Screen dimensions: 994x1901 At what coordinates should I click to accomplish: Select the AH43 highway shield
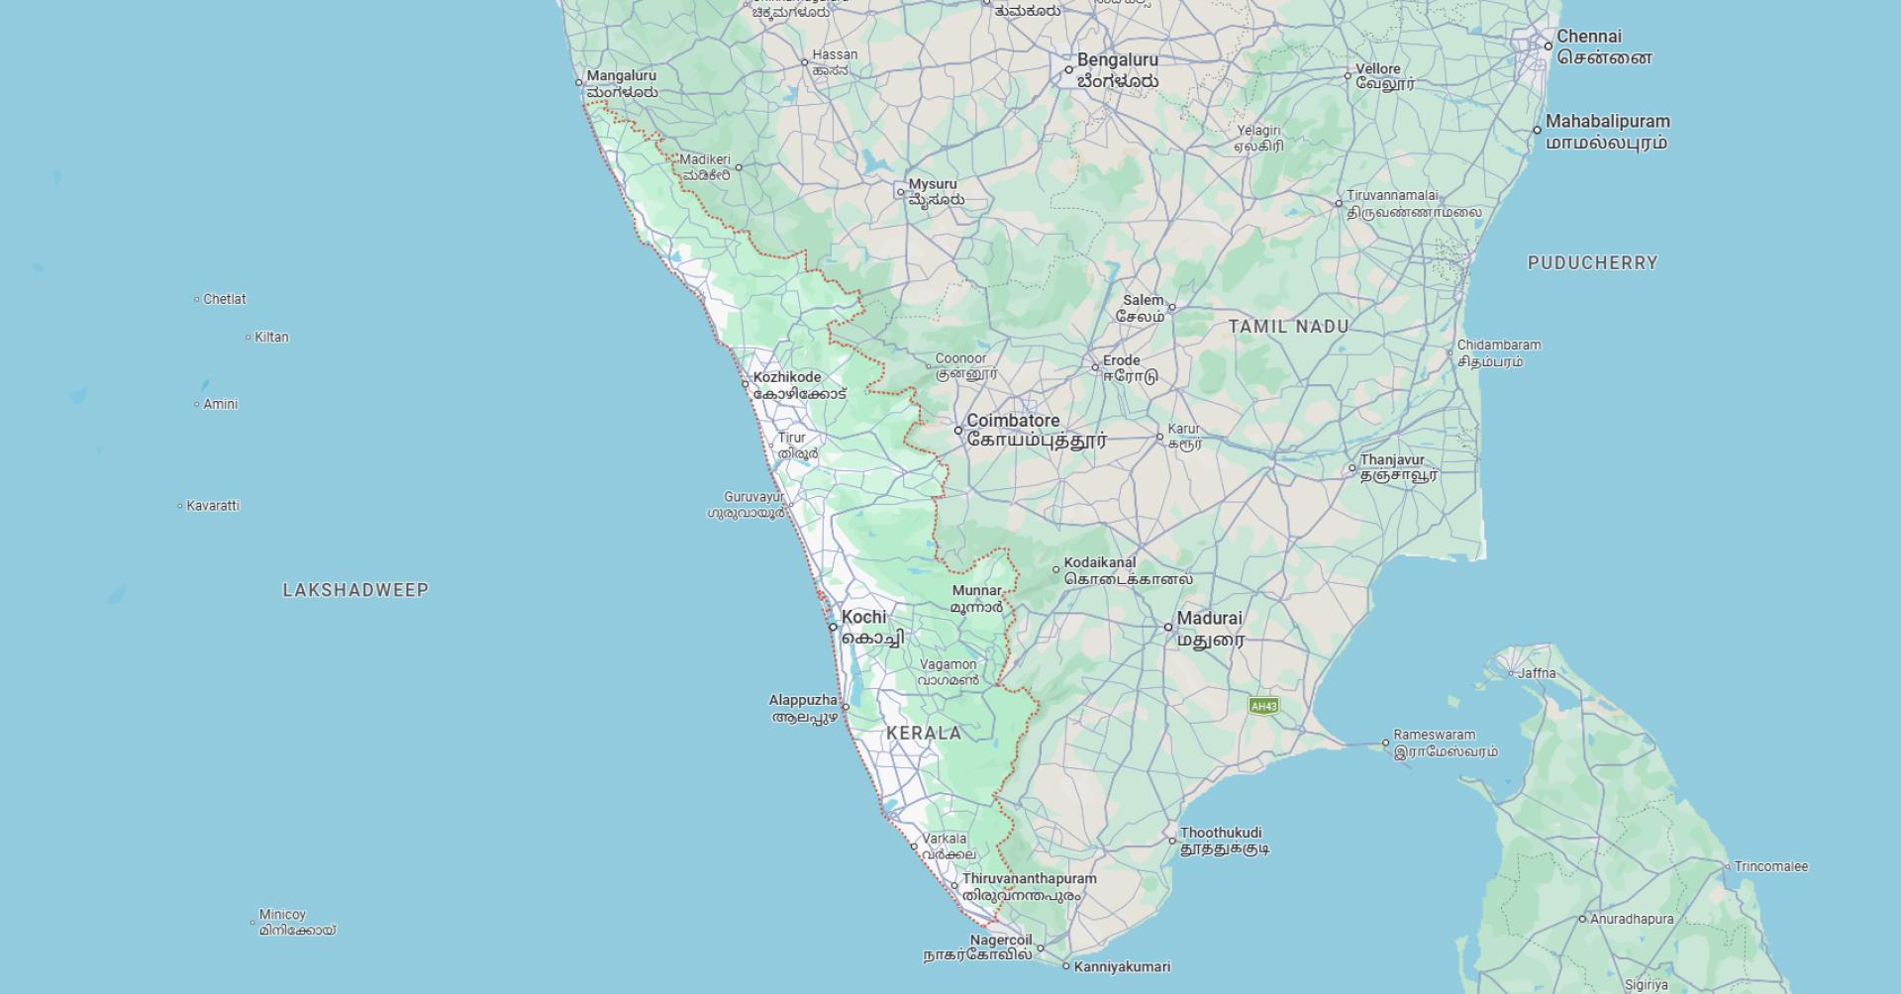[1263, 706]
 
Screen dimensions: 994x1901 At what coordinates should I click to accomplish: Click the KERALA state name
[924, 734]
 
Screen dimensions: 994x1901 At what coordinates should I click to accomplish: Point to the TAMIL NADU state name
[1288, 327]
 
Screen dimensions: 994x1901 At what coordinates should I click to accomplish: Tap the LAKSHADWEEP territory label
[355, 591]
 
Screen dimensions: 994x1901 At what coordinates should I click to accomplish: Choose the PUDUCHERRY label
[1592, 263]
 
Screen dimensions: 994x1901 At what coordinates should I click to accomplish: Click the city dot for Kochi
[834, 627]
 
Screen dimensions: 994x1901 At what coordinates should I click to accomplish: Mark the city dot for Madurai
[1168, 627]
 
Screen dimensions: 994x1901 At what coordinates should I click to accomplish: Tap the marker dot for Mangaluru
[580, 82]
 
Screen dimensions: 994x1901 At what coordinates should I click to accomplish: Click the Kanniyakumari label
[1122, 967]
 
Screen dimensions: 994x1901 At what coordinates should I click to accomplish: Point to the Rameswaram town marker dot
[1386, 743]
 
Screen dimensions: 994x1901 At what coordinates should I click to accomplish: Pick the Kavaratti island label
[213, 506]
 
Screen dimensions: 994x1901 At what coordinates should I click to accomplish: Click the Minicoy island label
[282, 915]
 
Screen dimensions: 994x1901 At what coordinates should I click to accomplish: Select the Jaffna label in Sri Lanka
[1537, 674]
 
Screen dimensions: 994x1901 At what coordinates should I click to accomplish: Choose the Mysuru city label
[933, 184]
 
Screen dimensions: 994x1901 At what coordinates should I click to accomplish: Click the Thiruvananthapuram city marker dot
[955, 886]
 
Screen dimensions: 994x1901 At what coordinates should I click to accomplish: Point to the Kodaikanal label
[1100, 563]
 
